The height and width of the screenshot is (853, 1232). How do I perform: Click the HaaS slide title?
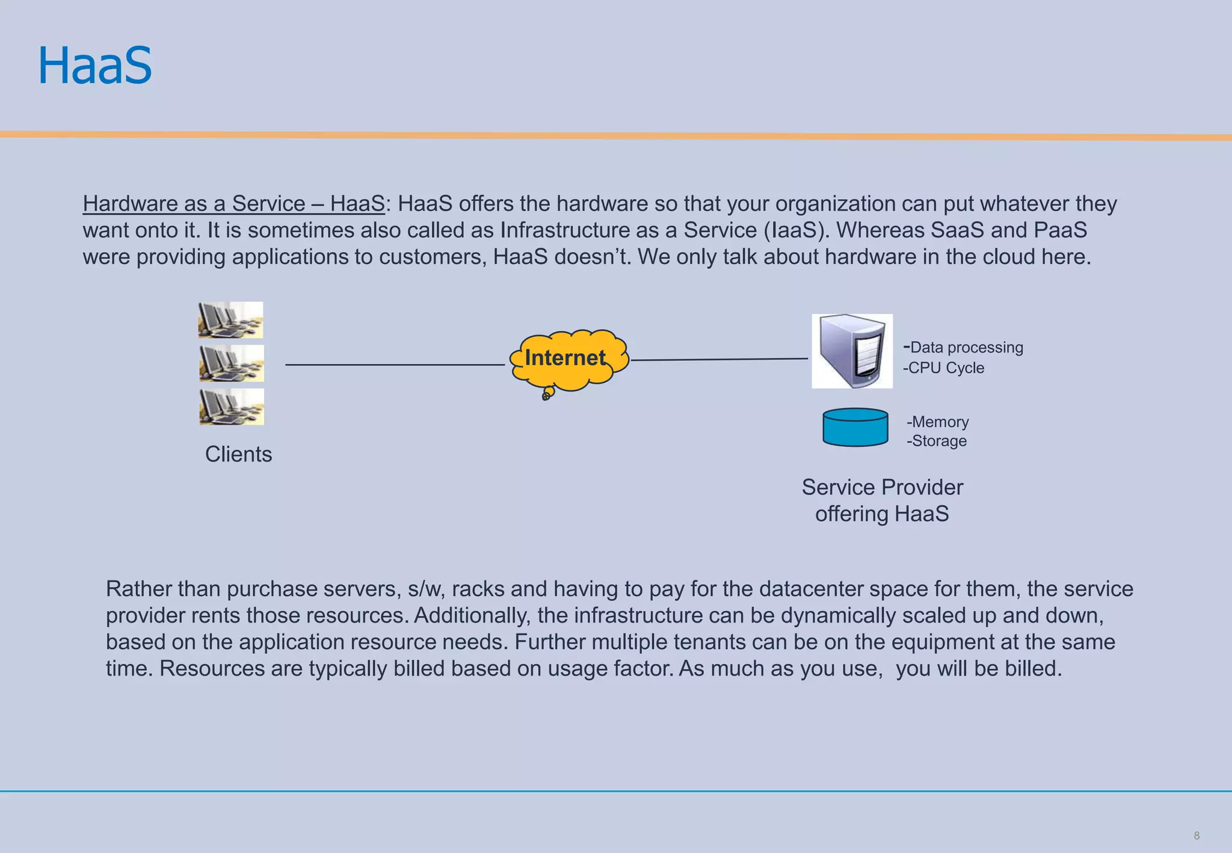coord(95,66)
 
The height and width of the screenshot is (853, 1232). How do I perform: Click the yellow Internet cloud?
coord(568,359)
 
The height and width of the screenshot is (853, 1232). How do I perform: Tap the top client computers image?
coord(230,320)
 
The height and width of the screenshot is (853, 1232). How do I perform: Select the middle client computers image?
coord(232,363)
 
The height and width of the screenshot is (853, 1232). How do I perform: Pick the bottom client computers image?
coord(232,407)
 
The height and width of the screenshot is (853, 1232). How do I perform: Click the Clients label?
coord(238,454)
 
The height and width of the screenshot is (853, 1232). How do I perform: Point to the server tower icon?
coord(852,351)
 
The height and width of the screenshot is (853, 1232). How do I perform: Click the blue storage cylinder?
coord(855,427)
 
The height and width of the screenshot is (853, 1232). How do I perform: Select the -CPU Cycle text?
coord(944,368)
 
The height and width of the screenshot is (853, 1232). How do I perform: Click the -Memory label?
coord(938,422)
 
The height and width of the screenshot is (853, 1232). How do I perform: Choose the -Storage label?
coord(937,441)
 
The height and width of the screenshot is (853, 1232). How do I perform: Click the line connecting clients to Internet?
coord(394,365)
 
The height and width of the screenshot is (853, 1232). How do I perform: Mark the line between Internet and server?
coord(719,360)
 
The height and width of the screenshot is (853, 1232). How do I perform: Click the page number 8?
coord(1197,836)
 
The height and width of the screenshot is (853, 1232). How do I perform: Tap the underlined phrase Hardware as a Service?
coord(194,204)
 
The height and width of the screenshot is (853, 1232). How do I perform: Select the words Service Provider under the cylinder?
coord(882,487)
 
